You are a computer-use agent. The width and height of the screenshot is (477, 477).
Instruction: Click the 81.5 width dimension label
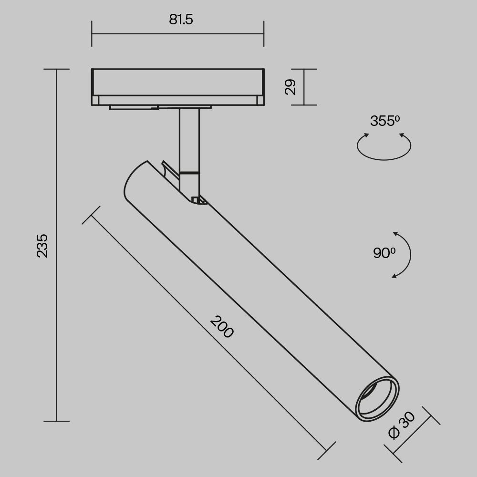[181, 20]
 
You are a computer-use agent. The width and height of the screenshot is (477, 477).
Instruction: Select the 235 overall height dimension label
[43, 245]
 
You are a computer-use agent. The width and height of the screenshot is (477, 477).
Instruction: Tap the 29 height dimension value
[290, 87]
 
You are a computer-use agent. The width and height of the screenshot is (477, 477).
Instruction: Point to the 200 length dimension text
[222, 327]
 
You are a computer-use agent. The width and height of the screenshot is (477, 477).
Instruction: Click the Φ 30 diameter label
[401, 425]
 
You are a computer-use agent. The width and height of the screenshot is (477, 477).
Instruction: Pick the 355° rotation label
[384, 121]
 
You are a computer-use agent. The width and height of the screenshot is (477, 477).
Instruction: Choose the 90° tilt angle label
[384, 253]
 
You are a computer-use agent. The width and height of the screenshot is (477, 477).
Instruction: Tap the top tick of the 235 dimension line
[57, 69]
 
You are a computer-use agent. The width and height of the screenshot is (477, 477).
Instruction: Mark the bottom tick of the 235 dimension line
[57, 421]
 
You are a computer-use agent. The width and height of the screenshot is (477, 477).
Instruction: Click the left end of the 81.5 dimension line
[92, 34]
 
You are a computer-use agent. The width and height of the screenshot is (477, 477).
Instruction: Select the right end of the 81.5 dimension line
[264, 34]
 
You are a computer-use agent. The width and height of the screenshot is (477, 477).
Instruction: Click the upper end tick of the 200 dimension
[91, 215]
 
